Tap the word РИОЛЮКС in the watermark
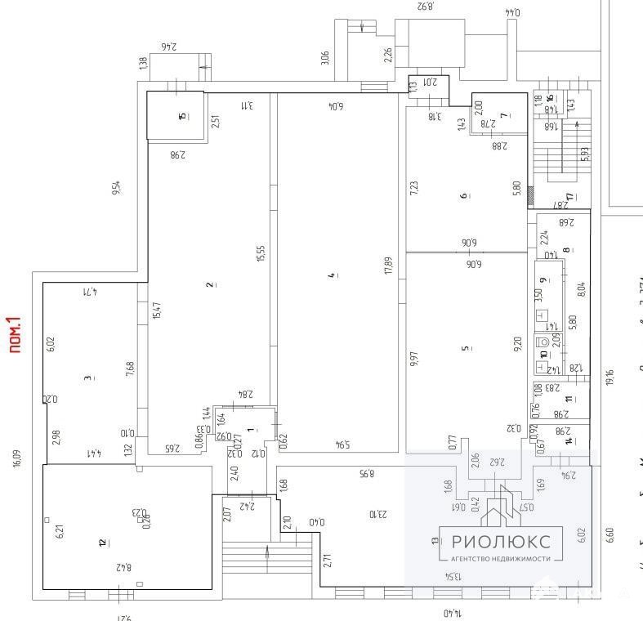coord(502,539)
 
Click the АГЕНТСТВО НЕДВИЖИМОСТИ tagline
coord(502,559)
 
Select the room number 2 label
coord(210,284)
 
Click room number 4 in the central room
coord(332,276)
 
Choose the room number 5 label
coord(466,348)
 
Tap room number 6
coord(463,195)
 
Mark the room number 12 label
coord(101,542)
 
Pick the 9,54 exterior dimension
coord(116,187)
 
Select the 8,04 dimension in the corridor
coord(581,288)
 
